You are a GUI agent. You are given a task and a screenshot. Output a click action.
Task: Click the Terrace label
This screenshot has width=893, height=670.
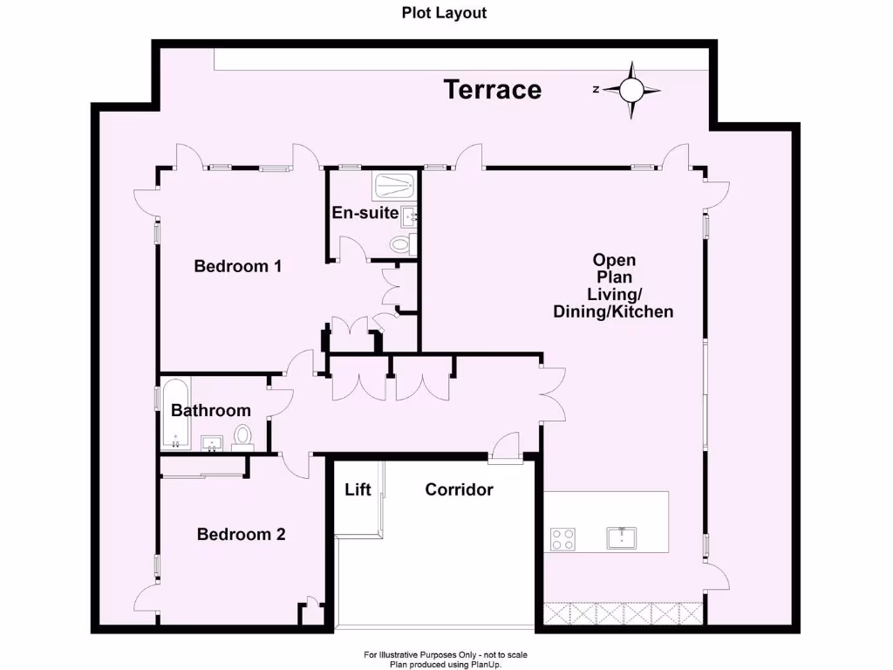[x=493, y=89]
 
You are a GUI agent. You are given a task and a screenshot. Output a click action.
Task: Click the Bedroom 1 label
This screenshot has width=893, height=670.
[x=237, y=266]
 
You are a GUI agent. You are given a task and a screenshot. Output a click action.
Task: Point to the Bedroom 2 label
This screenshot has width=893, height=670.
[x=241, y=534]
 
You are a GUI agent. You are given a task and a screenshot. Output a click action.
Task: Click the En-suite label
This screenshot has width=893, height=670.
[x=365, y=213]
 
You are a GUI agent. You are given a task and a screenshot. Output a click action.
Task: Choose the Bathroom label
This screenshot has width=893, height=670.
[x=210, y=410]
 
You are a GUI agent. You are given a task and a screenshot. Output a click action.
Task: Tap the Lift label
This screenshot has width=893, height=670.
[x=358, y=489]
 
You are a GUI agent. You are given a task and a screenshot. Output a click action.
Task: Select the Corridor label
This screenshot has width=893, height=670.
[x=459, y=489]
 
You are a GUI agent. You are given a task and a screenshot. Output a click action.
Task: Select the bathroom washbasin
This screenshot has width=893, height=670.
[x=212, y=444]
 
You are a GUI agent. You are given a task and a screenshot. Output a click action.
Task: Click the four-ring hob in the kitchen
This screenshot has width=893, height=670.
[x=562, y=539]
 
